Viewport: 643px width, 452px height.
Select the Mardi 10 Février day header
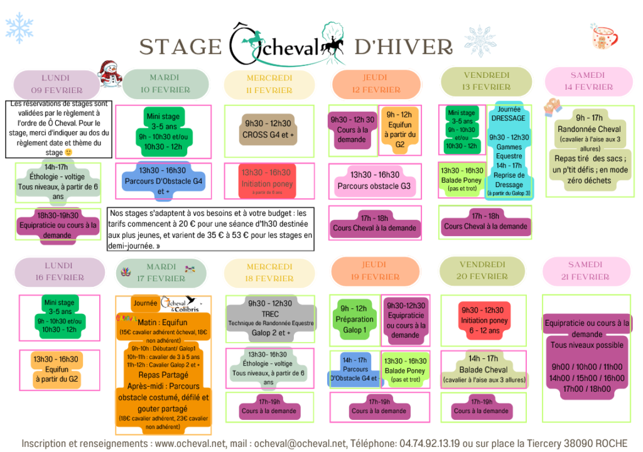(x=164, y=83)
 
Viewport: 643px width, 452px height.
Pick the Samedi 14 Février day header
(x=588, y=81)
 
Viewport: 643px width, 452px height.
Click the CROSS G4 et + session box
(x=267, y=129)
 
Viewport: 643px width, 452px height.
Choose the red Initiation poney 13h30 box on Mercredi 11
(x=267, y=177)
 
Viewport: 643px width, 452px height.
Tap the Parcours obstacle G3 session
(x=375, y=180)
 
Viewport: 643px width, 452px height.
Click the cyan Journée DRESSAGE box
(x=509, y=151)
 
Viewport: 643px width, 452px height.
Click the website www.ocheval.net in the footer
(x=189, y=444)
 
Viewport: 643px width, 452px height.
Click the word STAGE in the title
(x=180, y=46)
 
